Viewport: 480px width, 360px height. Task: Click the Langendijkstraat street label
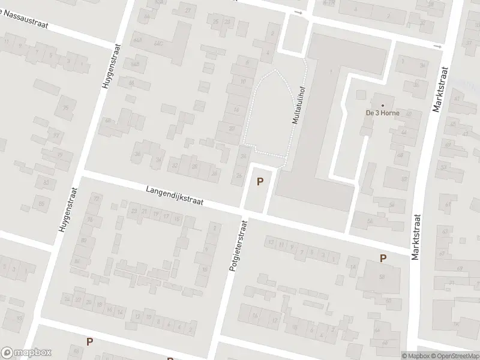175,196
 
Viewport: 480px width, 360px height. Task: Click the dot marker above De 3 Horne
382,105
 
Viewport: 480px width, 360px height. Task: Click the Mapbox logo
26,353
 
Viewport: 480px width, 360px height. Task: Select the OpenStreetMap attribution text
454,355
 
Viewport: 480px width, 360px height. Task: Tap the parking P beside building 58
383,258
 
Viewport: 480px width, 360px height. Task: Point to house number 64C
158,43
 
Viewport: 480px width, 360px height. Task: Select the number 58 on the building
382,277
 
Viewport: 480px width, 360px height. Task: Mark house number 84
76,262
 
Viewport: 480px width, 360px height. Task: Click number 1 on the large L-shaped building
331,73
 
